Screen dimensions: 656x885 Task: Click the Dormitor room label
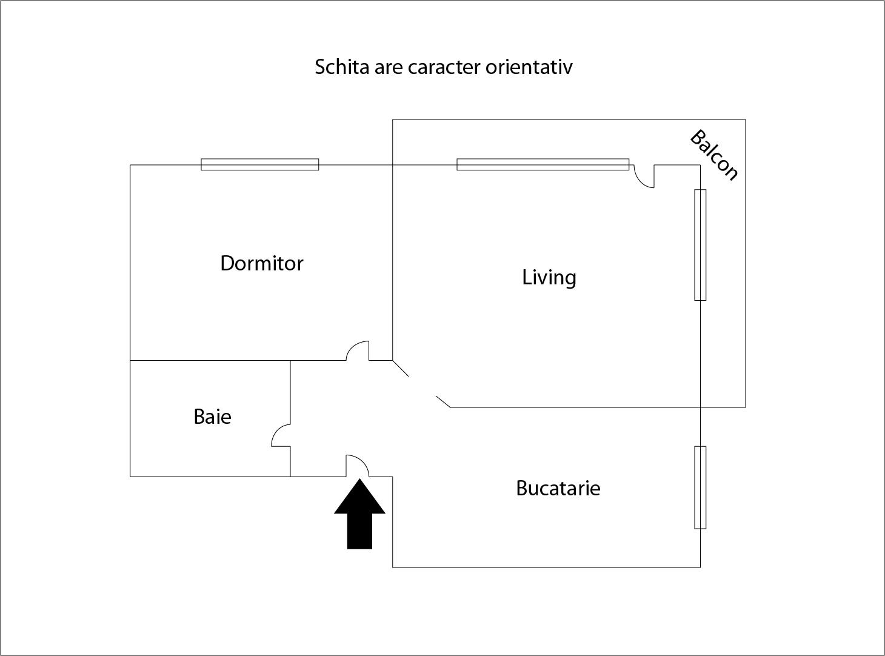coord(261,263)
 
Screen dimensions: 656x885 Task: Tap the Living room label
coord(549,277)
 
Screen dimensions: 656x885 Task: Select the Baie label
coord(212,417)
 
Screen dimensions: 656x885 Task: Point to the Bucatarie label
coord(558,488)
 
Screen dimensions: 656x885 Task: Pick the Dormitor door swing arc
coord(358,350)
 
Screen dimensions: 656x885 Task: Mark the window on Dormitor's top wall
coord(259,164)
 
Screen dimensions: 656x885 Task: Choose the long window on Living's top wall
coord(543,164)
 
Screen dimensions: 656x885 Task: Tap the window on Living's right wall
coord(700,244)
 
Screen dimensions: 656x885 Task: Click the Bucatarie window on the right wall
coord(700,487)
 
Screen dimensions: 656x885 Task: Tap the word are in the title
coord(388,67)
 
